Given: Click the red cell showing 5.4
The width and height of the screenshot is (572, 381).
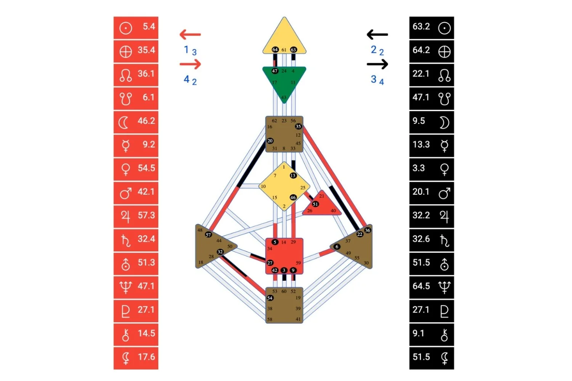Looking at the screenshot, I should (136, 27).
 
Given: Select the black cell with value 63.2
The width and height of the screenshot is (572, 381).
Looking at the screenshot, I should (431, 27).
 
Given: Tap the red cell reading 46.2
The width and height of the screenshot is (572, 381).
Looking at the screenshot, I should (136, 122).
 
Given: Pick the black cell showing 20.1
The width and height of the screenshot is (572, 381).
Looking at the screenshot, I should (431, 193).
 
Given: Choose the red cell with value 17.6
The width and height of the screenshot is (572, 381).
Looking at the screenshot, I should (136, 358).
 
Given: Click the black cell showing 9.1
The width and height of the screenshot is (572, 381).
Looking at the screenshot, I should (431, 334).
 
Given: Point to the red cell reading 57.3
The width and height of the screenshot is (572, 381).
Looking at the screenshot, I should (136, 216).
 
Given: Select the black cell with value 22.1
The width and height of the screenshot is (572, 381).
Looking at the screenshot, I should (431, 75).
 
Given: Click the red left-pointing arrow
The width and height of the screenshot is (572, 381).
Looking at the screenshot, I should (190, 35).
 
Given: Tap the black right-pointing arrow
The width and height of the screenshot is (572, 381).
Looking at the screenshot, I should (378, 64).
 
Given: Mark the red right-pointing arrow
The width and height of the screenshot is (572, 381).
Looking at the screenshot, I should (190, 64).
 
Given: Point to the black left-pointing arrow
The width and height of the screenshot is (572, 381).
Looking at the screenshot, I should (377, 35).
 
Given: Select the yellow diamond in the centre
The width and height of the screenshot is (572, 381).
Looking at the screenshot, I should (284, 186).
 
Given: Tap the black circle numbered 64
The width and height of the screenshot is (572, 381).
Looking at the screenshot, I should (275, 50).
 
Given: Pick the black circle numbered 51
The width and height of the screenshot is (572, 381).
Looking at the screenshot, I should (315, 204).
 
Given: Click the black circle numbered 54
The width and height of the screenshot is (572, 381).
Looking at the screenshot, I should (270, 298).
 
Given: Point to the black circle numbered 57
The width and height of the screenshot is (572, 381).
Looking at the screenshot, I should (208, 235).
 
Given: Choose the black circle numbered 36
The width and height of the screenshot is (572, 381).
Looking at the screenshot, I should (367, 230).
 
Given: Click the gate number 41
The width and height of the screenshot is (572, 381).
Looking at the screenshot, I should (298, 319).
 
